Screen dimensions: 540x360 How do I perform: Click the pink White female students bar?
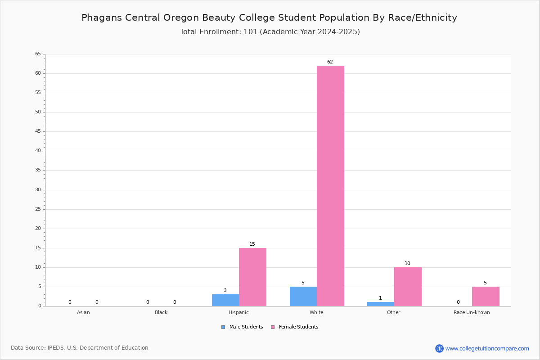click(x=330, y=186)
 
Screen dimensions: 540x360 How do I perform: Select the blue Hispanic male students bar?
click(x=225, y=300)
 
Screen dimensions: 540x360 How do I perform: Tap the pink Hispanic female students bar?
click(x=252, y=277)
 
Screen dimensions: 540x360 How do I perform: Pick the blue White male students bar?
click(x=303, y=297)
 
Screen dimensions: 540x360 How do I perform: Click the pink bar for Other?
click(x=408, y=287)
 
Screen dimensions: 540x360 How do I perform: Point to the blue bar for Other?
click(x=381, y=304)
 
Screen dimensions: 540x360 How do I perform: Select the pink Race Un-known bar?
click(x=486, y=297)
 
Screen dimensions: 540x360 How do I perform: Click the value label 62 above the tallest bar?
click(x=330, y=62)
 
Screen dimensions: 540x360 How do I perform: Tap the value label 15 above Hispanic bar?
click(x=252, y=244)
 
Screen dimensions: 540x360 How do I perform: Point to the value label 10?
click(x=407, y=263)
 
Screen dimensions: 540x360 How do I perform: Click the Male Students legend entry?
click(x=242, y=327)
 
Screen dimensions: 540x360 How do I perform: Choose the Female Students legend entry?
click(x=295, y=327)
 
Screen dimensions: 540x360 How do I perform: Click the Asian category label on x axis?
click(x=83, y=312)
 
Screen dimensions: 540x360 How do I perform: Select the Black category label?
click(x=161, y=312)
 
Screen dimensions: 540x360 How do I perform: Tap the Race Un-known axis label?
click(x=472, y=312)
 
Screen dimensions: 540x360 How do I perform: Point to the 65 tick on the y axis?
click(x=38, y=54)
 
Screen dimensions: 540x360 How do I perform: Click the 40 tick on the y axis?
click(x=38, y=151)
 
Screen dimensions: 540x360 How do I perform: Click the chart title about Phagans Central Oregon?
click(x=269, y=18)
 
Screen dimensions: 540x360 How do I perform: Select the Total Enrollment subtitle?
click(x=270, y=32)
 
